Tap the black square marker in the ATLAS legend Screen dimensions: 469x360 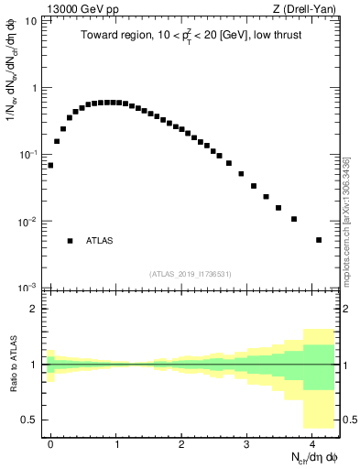pos(70,241)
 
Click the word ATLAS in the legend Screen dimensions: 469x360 pos(101,241)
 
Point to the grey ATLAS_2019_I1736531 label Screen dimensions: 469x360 pos(190,274)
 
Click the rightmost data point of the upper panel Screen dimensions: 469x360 pos(319,240)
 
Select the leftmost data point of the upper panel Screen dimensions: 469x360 pos(50,166)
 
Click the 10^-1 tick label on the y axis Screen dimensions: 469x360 pos(28,154)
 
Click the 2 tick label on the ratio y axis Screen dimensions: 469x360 pos(33,309)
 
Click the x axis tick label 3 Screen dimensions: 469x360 pos(247,443)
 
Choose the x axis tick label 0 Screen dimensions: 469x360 pos(50,443)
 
